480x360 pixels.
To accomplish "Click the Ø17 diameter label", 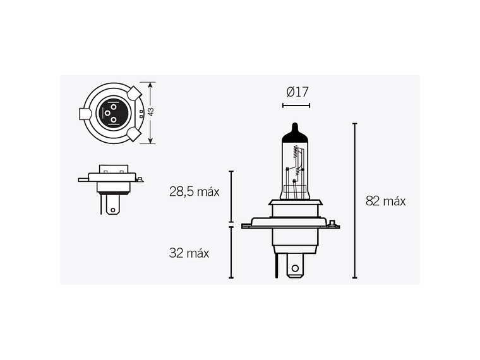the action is click(x=297, y=92).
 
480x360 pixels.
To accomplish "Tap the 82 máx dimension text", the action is click(x=385, y=201).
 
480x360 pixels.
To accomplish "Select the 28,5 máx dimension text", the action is click(x=195, y=192).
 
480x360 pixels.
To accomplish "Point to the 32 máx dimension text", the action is click(x=189, y=253).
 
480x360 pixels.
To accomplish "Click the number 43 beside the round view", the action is click(x=150, y=111).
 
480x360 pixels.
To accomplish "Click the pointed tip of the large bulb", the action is click(x=295, y=123).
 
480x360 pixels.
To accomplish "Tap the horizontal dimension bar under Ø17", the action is click(x=296, y=105).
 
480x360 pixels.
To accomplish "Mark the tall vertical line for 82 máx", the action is click(x=354, y=200).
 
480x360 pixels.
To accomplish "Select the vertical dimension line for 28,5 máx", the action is click(x=231, y=196).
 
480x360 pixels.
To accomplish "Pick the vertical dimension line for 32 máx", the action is click(x=231, y=252).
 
